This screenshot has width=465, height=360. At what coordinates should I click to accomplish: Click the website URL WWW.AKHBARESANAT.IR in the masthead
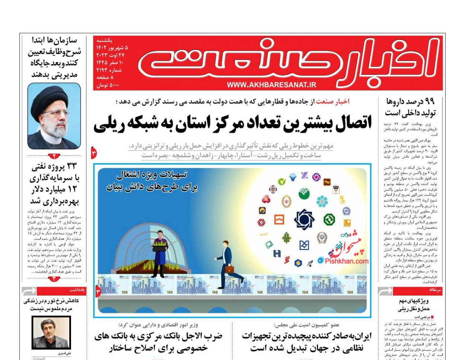271,85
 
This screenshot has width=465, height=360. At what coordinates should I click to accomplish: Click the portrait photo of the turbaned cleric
54,116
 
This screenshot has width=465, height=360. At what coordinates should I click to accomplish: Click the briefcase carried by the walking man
229,268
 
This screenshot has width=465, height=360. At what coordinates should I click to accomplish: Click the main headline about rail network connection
232,124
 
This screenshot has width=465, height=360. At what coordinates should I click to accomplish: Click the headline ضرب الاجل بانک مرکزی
158,342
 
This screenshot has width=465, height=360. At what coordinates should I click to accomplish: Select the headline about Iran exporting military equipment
307,342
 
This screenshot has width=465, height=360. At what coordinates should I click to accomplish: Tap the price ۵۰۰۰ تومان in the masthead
108,85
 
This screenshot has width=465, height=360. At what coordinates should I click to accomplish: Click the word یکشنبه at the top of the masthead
105,40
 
